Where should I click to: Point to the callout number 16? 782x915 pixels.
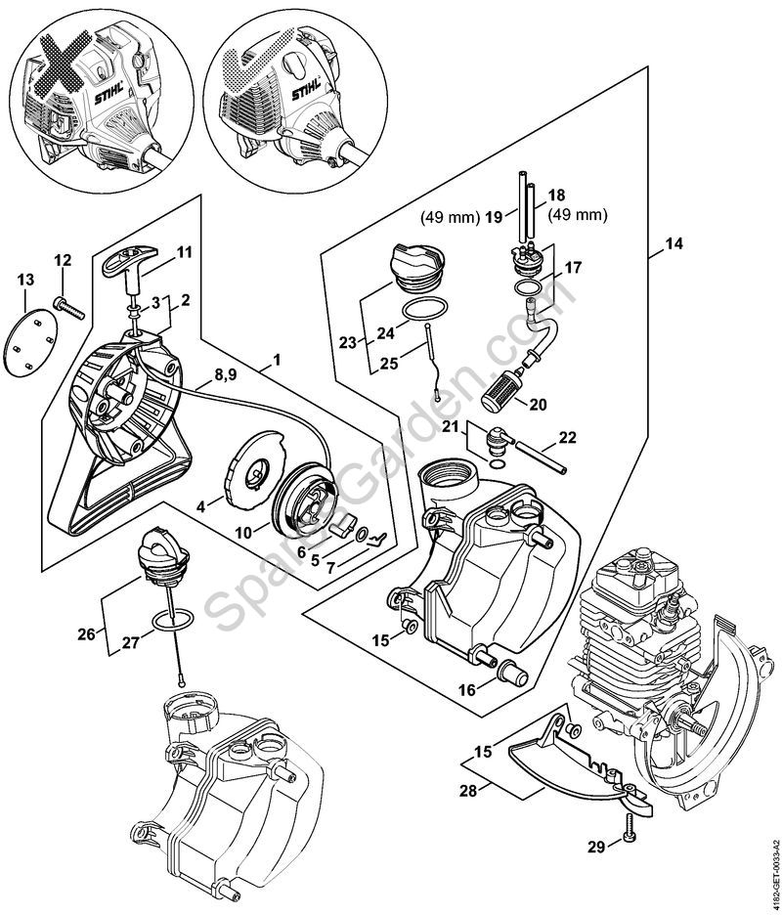[x=467, y=689]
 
